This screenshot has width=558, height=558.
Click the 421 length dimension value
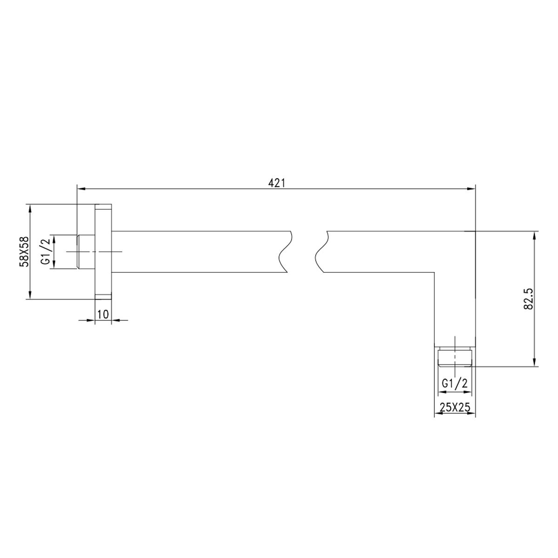coord(276,183)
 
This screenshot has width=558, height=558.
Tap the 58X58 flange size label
coord(24,252)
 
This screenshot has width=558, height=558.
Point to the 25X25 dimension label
coord(455,408)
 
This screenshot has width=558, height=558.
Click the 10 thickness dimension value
coord(103,314)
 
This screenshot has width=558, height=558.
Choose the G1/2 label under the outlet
coord(455,384)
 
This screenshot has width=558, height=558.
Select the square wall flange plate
coord(103,252)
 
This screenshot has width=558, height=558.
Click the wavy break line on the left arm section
coord(285,252)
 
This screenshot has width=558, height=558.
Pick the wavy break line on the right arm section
coord(322,252)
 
